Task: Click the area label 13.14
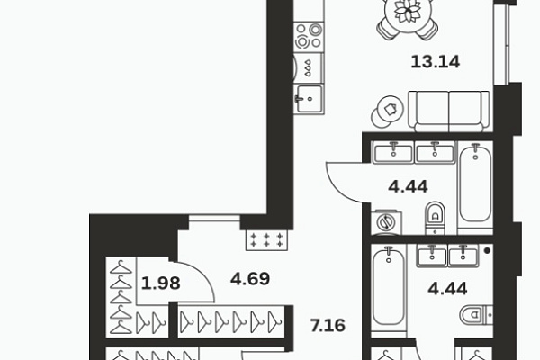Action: [436, 62]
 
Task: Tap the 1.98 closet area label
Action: [160, 283]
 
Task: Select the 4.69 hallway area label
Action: [250, 279]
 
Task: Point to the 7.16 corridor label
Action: [328, 326]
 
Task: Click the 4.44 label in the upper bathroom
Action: [408, 186]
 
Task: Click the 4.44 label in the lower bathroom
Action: [447, 288]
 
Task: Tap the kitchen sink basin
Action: [310, 99]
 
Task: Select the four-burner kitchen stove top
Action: [309, 37]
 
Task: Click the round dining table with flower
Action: [408, 11]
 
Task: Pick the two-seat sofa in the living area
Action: [449, 111]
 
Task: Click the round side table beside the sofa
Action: [388, 112]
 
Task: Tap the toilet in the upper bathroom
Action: [436, 218]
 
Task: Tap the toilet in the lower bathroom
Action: [476, 315]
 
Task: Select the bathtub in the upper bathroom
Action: [475, 184]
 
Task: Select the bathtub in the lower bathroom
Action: [389, 291]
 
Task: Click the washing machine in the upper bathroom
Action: [386, 222]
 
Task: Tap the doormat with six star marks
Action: [266, 240]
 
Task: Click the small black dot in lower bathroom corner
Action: [487, 251]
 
